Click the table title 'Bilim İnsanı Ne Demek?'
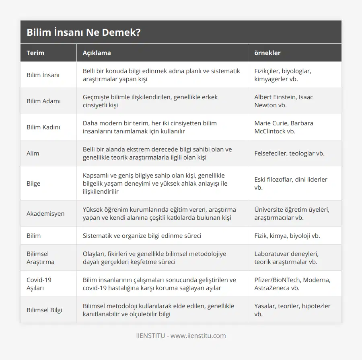[x=84, y=33]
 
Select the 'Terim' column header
[x=35, y=53]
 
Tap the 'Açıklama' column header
[x=97, y=53]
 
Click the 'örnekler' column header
[x=267, y=53]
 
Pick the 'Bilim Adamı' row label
[x=43, y=101]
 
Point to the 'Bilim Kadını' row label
[x=44, y=127]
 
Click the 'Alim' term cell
[x=33, y=153]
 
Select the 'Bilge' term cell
[x=33, y=183]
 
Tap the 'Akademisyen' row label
[x=45, y=213]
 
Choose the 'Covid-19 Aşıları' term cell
[x=39, y=284]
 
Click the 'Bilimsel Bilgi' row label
[x=44, y=310]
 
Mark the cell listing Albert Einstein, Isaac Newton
[x=284, y=101]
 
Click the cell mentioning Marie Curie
[x=284, y=127]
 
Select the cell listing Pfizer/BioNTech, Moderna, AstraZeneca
[x=292, y=284]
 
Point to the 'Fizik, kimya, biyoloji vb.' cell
[x=287, y=235]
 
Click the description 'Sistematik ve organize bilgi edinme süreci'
[x=142, y=235]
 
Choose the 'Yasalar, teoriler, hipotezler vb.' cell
[x=292, y=310]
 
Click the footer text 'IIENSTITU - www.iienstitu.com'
[x=181, y=335]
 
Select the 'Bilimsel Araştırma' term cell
[x=40, y=258]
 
